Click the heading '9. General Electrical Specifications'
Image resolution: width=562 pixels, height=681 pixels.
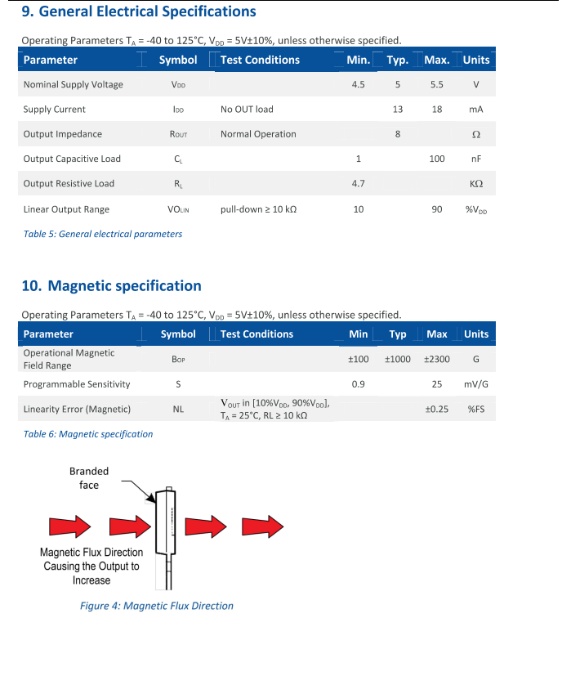138,11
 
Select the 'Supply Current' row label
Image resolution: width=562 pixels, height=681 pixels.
54,110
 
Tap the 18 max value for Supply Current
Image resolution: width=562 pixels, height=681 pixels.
437,110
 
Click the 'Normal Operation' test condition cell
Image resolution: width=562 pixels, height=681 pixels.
258,134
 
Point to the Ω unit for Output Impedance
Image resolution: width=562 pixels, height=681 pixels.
476,135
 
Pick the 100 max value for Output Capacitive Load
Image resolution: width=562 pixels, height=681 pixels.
437,159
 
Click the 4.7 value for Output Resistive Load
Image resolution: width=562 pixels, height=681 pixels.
358,184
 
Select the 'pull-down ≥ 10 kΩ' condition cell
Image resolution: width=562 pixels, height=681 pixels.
258,209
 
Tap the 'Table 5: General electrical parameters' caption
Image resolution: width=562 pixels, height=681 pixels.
103,234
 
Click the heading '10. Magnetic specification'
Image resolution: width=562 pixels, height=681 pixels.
111,286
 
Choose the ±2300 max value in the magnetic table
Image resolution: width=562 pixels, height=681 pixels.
437,359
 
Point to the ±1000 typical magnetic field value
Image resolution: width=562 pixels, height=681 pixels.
398,359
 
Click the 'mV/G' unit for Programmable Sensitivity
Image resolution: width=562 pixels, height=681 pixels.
476,384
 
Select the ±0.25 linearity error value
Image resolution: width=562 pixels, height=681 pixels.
437,409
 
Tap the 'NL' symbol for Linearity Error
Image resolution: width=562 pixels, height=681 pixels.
178,409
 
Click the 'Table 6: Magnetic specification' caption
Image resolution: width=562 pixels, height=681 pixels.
88,434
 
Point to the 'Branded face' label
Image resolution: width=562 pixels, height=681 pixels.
89,478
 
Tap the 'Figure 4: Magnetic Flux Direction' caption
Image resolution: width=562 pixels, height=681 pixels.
156,606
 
